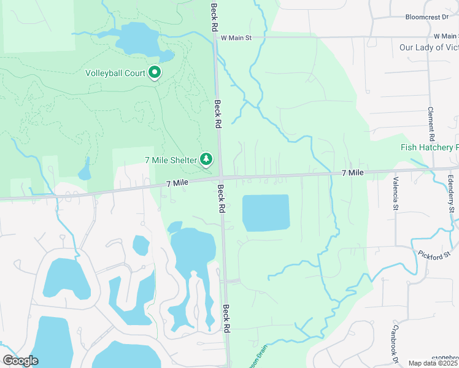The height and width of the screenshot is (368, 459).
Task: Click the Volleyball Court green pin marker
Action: (155, 73)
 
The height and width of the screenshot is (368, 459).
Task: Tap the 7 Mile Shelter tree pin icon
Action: (207, 159)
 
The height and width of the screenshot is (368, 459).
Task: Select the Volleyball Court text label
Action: (115, 74)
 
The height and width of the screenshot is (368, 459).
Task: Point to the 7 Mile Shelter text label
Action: (171, 160)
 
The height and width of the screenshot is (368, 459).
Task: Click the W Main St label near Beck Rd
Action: (236, 37)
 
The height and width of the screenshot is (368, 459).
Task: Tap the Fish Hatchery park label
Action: (430, 147)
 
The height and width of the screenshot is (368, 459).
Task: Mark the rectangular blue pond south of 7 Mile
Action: (266, 213)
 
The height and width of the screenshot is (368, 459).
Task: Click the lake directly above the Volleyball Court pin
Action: (137, 40)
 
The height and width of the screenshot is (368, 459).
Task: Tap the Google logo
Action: (20, 361)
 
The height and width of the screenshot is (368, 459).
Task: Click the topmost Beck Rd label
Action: (214, 17)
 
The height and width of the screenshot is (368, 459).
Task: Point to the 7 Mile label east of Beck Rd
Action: (352, 174)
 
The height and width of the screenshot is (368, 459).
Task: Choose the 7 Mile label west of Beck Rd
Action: (176, 183)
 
